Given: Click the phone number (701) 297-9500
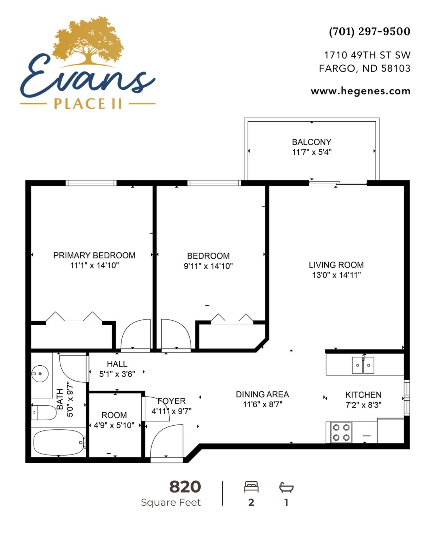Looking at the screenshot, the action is coord(370,31).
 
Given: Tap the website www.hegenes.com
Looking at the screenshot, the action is coord(361,91).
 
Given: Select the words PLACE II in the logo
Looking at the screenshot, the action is coord(88,104).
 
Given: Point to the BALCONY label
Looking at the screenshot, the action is coord(312,142).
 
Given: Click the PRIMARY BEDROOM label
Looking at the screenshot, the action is coord(94,255).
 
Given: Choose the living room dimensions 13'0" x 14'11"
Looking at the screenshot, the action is coord(336,275).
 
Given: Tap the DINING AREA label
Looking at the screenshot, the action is coord(262,394).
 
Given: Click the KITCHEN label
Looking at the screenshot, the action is coord(363,395).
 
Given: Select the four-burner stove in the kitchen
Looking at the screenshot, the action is coord(341,432).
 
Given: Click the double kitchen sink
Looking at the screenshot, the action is coord(363,365).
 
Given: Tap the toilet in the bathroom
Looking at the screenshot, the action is coord(44,413).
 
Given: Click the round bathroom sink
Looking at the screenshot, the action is coord(40,374).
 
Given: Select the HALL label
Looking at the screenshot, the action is coord(117,364).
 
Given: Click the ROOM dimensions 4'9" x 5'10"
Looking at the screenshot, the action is coord(114,425).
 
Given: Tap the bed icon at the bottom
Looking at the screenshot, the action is coord(251,487).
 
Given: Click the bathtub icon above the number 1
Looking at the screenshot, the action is coord(286,487).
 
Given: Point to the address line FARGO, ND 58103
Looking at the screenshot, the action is coord(364,68).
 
